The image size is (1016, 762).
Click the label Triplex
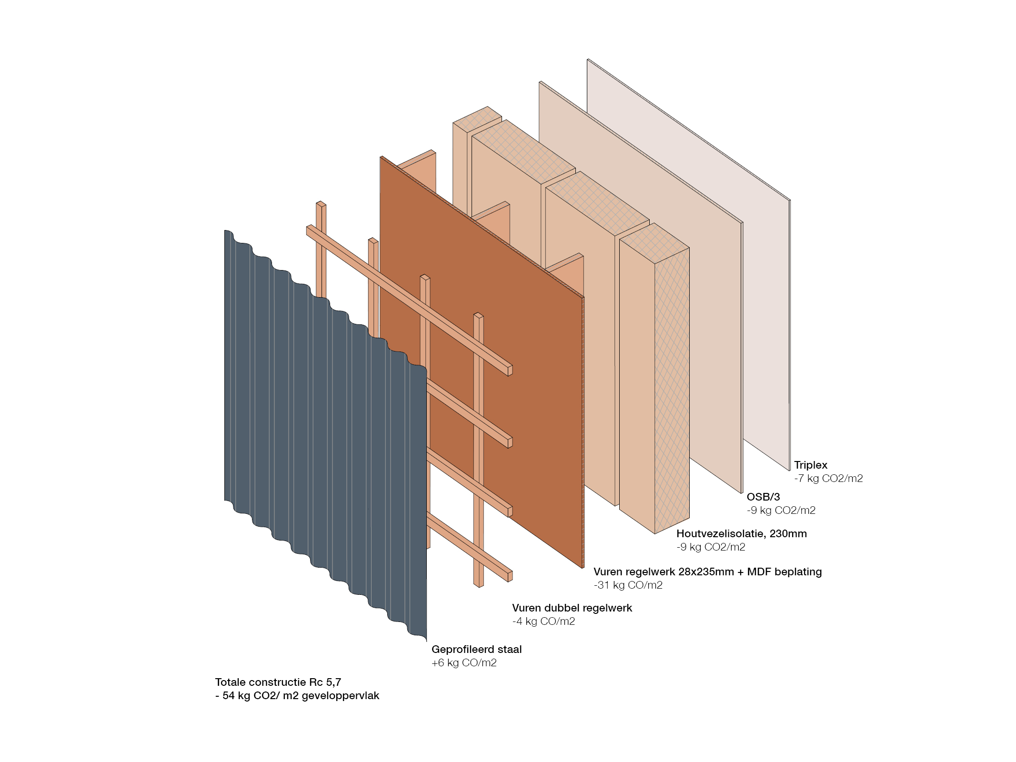(x=810, y=465)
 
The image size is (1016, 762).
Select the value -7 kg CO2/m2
(x=828, y=478)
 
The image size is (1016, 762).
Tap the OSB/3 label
(x=763, y=497)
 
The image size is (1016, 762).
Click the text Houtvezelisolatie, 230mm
(x=741, y=533)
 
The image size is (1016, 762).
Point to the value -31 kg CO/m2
(x=628, y=585)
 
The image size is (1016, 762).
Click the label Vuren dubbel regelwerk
(x=572, y=608)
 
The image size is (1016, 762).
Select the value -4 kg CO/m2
(x=543, y=621)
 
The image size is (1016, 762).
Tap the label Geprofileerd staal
(x=476, y=649)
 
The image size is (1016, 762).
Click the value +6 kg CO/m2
(x=463, y=662)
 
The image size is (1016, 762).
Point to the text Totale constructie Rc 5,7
(x=278, y=682)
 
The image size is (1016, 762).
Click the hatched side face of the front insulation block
(x=672, y=391)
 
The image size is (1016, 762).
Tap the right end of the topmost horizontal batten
(x=509, y=371)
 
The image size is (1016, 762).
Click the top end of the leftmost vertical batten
(x=321, y=204)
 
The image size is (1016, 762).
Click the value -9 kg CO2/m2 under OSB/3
(x=781, y=510)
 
